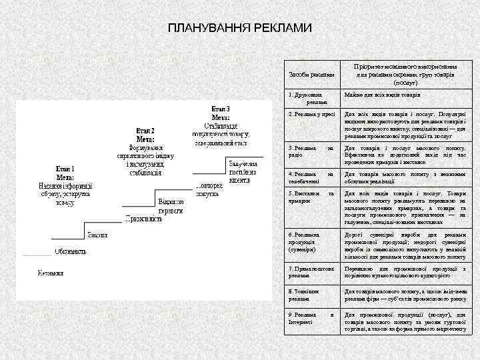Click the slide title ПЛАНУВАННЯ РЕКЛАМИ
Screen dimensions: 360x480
[239, 29]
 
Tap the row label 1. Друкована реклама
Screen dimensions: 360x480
[308, 99]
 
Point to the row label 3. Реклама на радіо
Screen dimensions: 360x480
[311, 151]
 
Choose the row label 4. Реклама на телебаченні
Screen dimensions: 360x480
[311, 177]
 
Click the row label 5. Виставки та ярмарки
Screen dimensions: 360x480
[311, 197]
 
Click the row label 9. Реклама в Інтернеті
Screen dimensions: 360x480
[311, 318]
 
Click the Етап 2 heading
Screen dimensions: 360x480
[145, 131]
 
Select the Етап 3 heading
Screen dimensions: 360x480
[221, 109]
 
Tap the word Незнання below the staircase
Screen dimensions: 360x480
[50, 273]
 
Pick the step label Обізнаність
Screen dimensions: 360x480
[70, 251]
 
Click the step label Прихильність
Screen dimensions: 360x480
[143, 218]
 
